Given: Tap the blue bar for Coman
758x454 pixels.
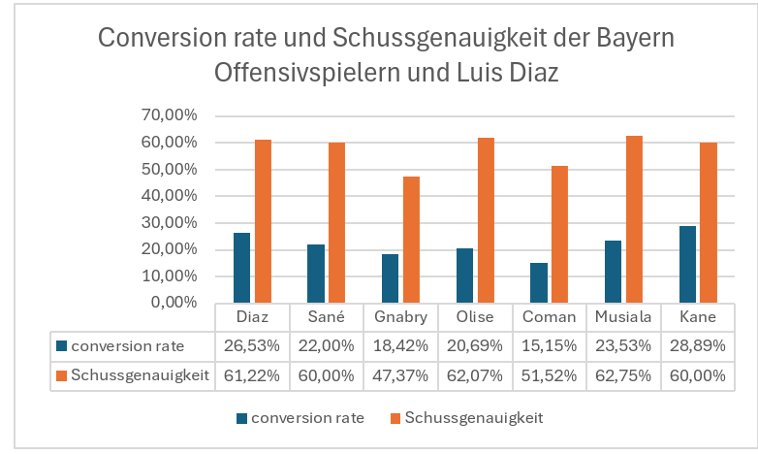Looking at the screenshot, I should click(538, 282).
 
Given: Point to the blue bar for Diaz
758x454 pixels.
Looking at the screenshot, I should click(241, 268).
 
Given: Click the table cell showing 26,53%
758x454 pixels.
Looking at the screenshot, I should click(251, 345).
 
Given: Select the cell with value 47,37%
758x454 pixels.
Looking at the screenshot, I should click(399, 375).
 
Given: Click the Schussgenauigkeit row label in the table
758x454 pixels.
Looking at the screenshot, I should click(141, 375).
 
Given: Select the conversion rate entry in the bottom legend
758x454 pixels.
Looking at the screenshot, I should click(307, 418).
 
